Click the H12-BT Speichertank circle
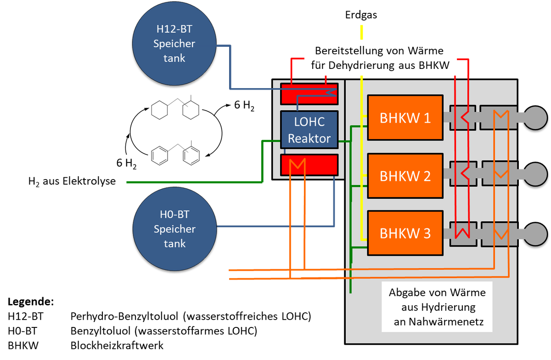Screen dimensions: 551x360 click(x=174, y=44)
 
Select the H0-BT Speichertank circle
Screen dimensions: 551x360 click(x=174, y=229)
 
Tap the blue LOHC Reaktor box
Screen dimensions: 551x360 click(x=309, y=130)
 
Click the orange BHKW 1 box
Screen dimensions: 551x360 click(x=405, y=118)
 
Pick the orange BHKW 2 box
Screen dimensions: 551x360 click(x=405, y=176)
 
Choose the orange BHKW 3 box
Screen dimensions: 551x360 click(x=405, y=233)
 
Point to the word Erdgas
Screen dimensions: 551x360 click(x=361, y=15)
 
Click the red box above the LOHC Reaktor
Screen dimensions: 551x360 click(x=309, y=94)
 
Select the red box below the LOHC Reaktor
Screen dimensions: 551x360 click(x=309, y=165)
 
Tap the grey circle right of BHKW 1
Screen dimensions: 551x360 click(x=535, y=118)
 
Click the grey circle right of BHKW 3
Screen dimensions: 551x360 click(x=535, y=234)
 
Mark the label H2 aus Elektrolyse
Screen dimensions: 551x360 click(x=72, y=181)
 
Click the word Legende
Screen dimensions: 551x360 click(x=31, y=302)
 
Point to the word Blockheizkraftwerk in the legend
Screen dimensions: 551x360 click(x=117, y=345)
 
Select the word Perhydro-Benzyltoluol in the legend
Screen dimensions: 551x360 click(x=124, y=316)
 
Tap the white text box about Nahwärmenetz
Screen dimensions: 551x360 click(x=437, y=307)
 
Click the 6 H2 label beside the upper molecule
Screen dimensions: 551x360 click(x=244, y=105)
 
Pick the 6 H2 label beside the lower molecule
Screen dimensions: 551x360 click(x=126, y=163)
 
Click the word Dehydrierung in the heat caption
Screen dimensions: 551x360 click(x=361, y=66)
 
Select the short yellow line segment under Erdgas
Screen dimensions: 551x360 click(x=362, y=32)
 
